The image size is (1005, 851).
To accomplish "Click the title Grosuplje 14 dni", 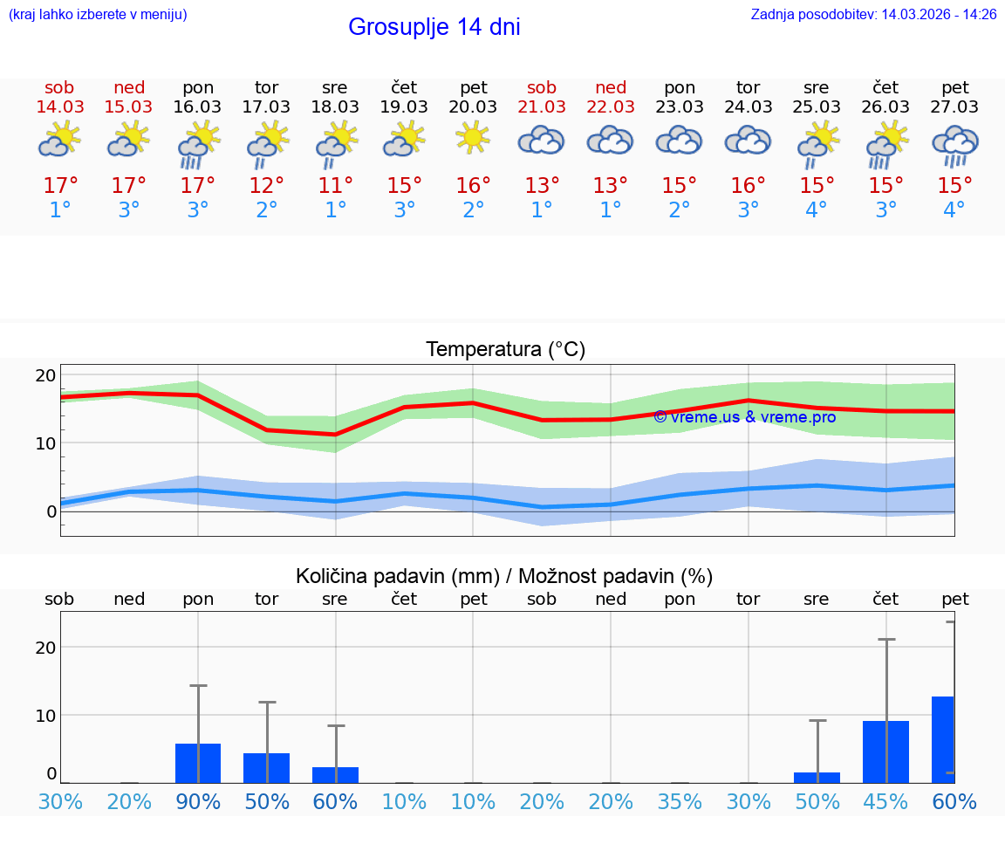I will tap(434, 27).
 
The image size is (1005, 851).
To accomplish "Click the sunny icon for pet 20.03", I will tap(473, 138).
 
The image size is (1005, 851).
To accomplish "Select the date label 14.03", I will tap(59, 106).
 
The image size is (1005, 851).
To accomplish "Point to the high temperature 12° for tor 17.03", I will tap(266, 186).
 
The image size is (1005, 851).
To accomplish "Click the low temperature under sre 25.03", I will tap(817, 210).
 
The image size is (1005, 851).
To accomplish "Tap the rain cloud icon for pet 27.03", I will tap(954, 145).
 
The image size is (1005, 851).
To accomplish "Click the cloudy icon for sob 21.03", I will tap(542, 140).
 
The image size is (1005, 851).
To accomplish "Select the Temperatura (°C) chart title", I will tap(505, 350).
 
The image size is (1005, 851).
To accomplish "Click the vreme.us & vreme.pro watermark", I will tap(744, 417).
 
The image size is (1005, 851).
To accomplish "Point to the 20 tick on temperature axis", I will tap(45, 375).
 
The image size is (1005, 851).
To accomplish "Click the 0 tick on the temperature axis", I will tap(51, 511).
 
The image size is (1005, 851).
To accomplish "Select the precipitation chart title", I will tap(504, 576).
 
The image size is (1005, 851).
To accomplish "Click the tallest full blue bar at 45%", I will tap(885, 752).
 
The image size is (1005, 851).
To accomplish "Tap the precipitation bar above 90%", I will tap(198, 763).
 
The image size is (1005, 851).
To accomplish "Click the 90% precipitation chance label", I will tap(198, 801).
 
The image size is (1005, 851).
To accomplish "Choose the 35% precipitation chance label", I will tap(680, 801).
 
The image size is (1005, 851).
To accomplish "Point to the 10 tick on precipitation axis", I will tap(45, 715).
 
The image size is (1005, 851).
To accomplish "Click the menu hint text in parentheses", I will tap(98, 14).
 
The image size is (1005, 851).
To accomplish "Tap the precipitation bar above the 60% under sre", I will tap(335, 775).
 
